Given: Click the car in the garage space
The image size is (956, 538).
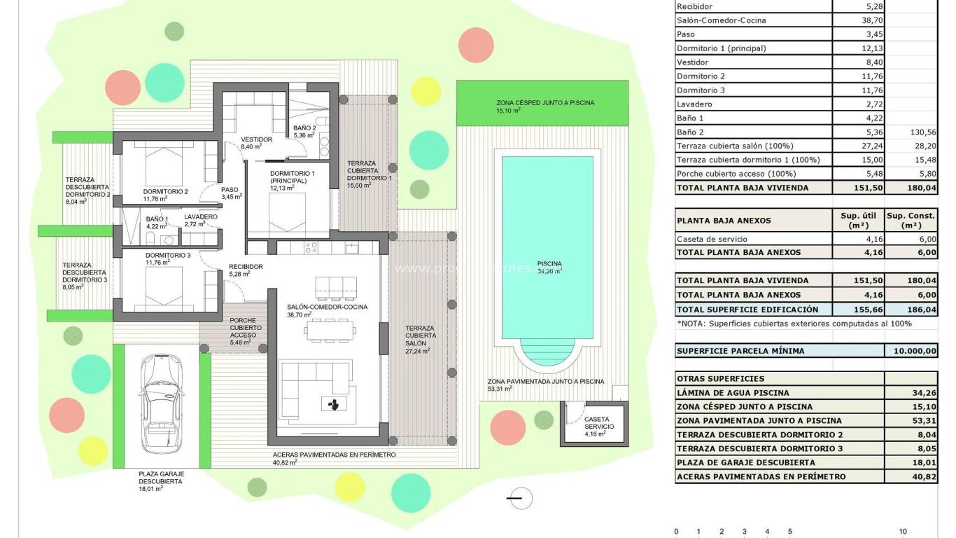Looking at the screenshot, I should click(x=156, y=403).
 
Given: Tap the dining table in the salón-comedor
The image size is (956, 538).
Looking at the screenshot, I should click(x=330, y=330).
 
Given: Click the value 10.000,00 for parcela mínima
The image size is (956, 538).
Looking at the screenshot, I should click(x=910, y=351).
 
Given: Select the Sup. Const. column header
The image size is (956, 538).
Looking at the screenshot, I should click(x=911, y=220).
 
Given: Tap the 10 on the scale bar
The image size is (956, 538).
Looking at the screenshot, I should click(x=903, y=532).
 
